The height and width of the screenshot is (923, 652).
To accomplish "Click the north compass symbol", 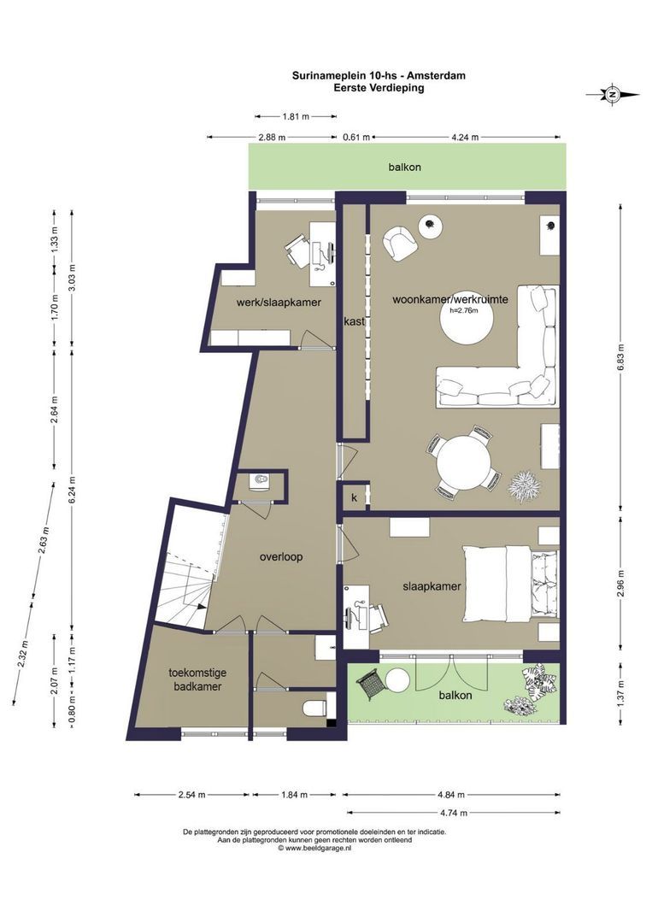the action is coord(613,94).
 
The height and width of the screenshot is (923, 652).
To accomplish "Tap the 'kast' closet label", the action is coord(355,321).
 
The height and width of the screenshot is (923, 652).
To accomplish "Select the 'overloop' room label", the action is coord(281,557).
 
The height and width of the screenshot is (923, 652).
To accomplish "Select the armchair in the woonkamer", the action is coord(400,243).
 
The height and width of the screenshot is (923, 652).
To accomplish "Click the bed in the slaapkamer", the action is coord(511,583).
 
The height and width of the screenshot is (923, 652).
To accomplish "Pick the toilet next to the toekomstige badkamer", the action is coord(314,708).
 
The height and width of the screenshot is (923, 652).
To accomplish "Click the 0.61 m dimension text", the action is coord(356,138).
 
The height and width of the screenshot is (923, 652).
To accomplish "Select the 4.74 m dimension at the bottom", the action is coord(453,813).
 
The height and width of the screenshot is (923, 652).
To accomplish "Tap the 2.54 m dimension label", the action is coord(191,795).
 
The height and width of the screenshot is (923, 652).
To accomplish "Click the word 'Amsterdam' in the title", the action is coord(437,76).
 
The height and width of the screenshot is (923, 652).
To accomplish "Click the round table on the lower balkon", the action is coord(398,682).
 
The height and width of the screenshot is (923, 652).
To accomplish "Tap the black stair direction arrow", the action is coord(202,607).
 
